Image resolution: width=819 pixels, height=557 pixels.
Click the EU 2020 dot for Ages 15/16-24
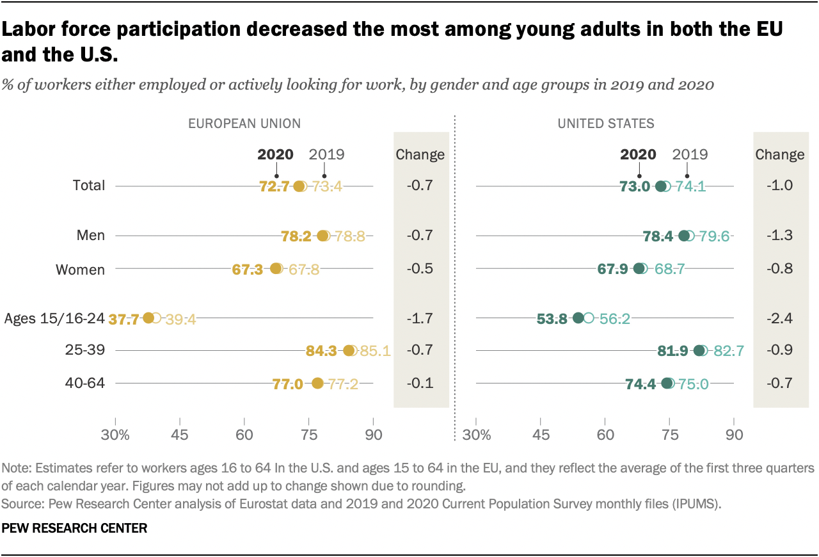pyautogui.click(x=148, y=318)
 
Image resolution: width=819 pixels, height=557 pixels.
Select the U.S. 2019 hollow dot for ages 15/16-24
pyautogui.click(x=589, y=318)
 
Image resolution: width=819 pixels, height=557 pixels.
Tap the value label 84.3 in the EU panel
pyautogui.click(x=323, y=351)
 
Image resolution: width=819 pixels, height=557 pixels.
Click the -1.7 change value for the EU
pyautogui.click(x=420, y=318)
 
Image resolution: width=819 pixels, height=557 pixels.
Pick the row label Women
pyautogui.click(x=80, y=270)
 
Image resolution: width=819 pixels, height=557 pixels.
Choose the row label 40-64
pyautogui.click(x=84, y=383)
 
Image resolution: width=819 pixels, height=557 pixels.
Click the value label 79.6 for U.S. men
pyautogui.click(x=714, y=236)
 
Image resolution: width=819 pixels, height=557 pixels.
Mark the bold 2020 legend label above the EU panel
pyautogui.click(x=275, y=154)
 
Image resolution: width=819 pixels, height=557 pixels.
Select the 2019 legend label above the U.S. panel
pyautogui.click(x=690, y=154)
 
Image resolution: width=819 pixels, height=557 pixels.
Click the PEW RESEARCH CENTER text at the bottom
pyautogui.click(x=75, y=529)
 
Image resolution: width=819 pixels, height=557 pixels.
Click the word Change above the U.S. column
pyautogui.click(x=779, y=154)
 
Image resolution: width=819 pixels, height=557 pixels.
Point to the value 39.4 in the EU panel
pyautogui.click(x=180, y=319)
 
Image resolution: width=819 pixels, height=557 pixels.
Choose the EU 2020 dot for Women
pyautogui.click(x=276, y=269)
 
